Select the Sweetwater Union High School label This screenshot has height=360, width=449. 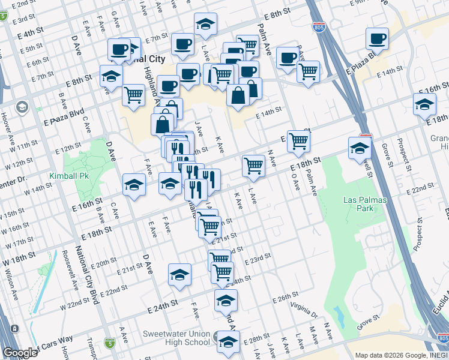tap(176, 338)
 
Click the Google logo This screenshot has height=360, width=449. tap(20, 353)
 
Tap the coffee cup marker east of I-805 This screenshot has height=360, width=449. tap(377, 39)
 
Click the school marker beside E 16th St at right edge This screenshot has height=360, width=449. tap(424, 103)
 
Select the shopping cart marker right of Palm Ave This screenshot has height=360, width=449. tap(308, 72)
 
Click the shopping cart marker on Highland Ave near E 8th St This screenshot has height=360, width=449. tap(133, 94)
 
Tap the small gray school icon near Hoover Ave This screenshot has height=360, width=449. tap(23, 107)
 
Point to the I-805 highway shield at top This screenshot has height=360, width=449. tap(318, 27)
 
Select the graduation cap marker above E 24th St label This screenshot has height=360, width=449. tap(179, 274)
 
